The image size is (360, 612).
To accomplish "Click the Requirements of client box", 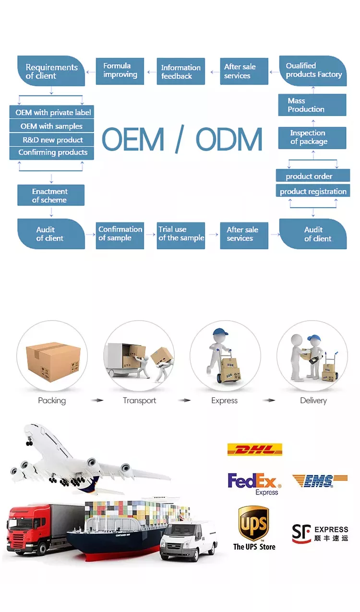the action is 51,71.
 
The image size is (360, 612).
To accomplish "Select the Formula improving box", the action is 120,71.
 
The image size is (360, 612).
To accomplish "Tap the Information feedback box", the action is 181,71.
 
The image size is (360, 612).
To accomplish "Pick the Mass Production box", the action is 312,105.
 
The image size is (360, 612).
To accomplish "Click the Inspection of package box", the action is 312,138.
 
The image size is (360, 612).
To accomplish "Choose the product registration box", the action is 313,191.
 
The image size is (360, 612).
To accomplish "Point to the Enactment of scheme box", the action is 51,195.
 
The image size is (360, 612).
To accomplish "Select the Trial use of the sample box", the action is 181,236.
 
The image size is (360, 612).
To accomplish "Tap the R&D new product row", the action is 52,140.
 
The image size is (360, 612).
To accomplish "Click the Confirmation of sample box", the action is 120,236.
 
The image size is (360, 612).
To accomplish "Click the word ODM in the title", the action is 229,139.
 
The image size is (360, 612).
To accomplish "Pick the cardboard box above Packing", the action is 53,361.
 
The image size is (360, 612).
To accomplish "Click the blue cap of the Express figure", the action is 220,332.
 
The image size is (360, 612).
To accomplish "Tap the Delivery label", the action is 313,400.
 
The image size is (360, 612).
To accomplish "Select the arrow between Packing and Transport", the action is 97,400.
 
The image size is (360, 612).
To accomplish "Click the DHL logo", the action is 254,449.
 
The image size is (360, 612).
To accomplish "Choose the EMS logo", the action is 320,481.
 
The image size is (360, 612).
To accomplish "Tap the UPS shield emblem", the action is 253,523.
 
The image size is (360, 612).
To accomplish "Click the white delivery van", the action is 188,541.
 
